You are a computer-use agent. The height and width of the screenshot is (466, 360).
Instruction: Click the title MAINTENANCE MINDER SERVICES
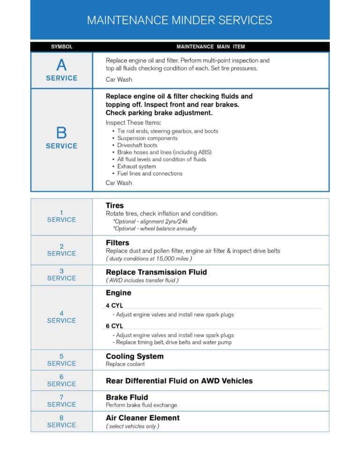180,20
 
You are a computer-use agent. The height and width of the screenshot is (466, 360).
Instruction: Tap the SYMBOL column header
61,47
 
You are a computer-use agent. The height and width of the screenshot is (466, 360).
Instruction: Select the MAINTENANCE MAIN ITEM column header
210,47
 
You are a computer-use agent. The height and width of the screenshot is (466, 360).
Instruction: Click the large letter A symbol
61,65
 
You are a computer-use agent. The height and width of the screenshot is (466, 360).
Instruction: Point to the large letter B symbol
61,133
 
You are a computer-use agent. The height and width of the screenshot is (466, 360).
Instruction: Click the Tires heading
115,205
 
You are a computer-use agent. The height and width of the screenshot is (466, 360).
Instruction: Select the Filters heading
118,243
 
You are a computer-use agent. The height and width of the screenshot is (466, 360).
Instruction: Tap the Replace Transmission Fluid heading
156,272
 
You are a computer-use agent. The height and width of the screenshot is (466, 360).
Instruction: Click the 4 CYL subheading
114,305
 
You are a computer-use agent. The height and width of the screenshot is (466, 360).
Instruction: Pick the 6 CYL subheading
114,326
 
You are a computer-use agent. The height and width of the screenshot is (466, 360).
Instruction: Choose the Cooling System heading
135,356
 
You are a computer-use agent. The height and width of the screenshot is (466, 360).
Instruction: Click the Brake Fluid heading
127,397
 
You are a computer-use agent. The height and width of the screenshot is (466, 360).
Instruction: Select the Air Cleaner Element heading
142,418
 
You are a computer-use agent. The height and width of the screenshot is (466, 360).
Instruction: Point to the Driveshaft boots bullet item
137,145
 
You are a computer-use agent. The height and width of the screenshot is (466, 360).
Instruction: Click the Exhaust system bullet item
136,166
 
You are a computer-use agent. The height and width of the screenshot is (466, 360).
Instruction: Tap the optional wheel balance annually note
155,229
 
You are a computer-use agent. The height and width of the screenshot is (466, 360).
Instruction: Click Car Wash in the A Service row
119,80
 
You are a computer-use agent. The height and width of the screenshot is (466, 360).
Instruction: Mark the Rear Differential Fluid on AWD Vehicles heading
179,381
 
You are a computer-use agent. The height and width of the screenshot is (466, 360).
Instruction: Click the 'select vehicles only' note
133,426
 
